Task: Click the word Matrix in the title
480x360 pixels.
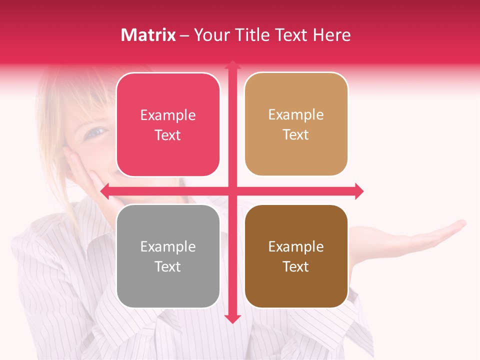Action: click(x=148, y=35)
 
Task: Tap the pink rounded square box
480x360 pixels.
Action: click(x=168, y=124)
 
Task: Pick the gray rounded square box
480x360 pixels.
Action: click(x=168, y=256)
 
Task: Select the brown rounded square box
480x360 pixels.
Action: click(x=296, y=256)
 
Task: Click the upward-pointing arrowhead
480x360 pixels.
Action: click(x=232, y=65)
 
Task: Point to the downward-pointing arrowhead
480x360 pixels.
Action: click(x=232, y=318)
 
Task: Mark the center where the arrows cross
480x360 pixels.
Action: click(x=232, y=191)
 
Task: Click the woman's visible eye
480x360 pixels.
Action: click(x=96, y=132)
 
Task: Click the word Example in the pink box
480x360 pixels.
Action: click(x=168, y=115)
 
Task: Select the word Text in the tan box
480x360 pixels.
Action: click(x=296, y=134)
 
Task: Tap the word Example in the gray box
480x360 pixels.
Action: click(x=168, y=246)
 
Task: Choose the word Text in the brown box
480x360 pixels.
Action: click(x=296, y=266)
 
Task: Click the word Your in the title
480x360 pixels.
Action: click(x=210, y=35)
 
